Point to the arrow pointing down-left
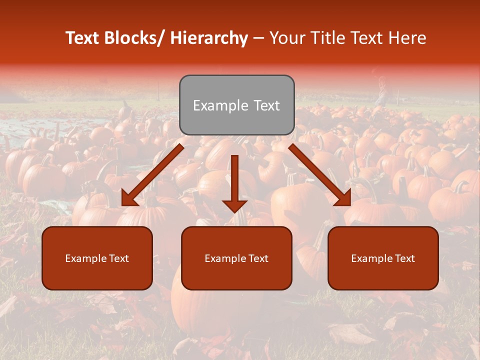coord(152,175)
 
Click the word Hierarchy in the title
coord(208,38)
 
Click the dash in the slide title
coord(258,38)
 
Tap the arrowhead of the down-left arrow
coord(128,199)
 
